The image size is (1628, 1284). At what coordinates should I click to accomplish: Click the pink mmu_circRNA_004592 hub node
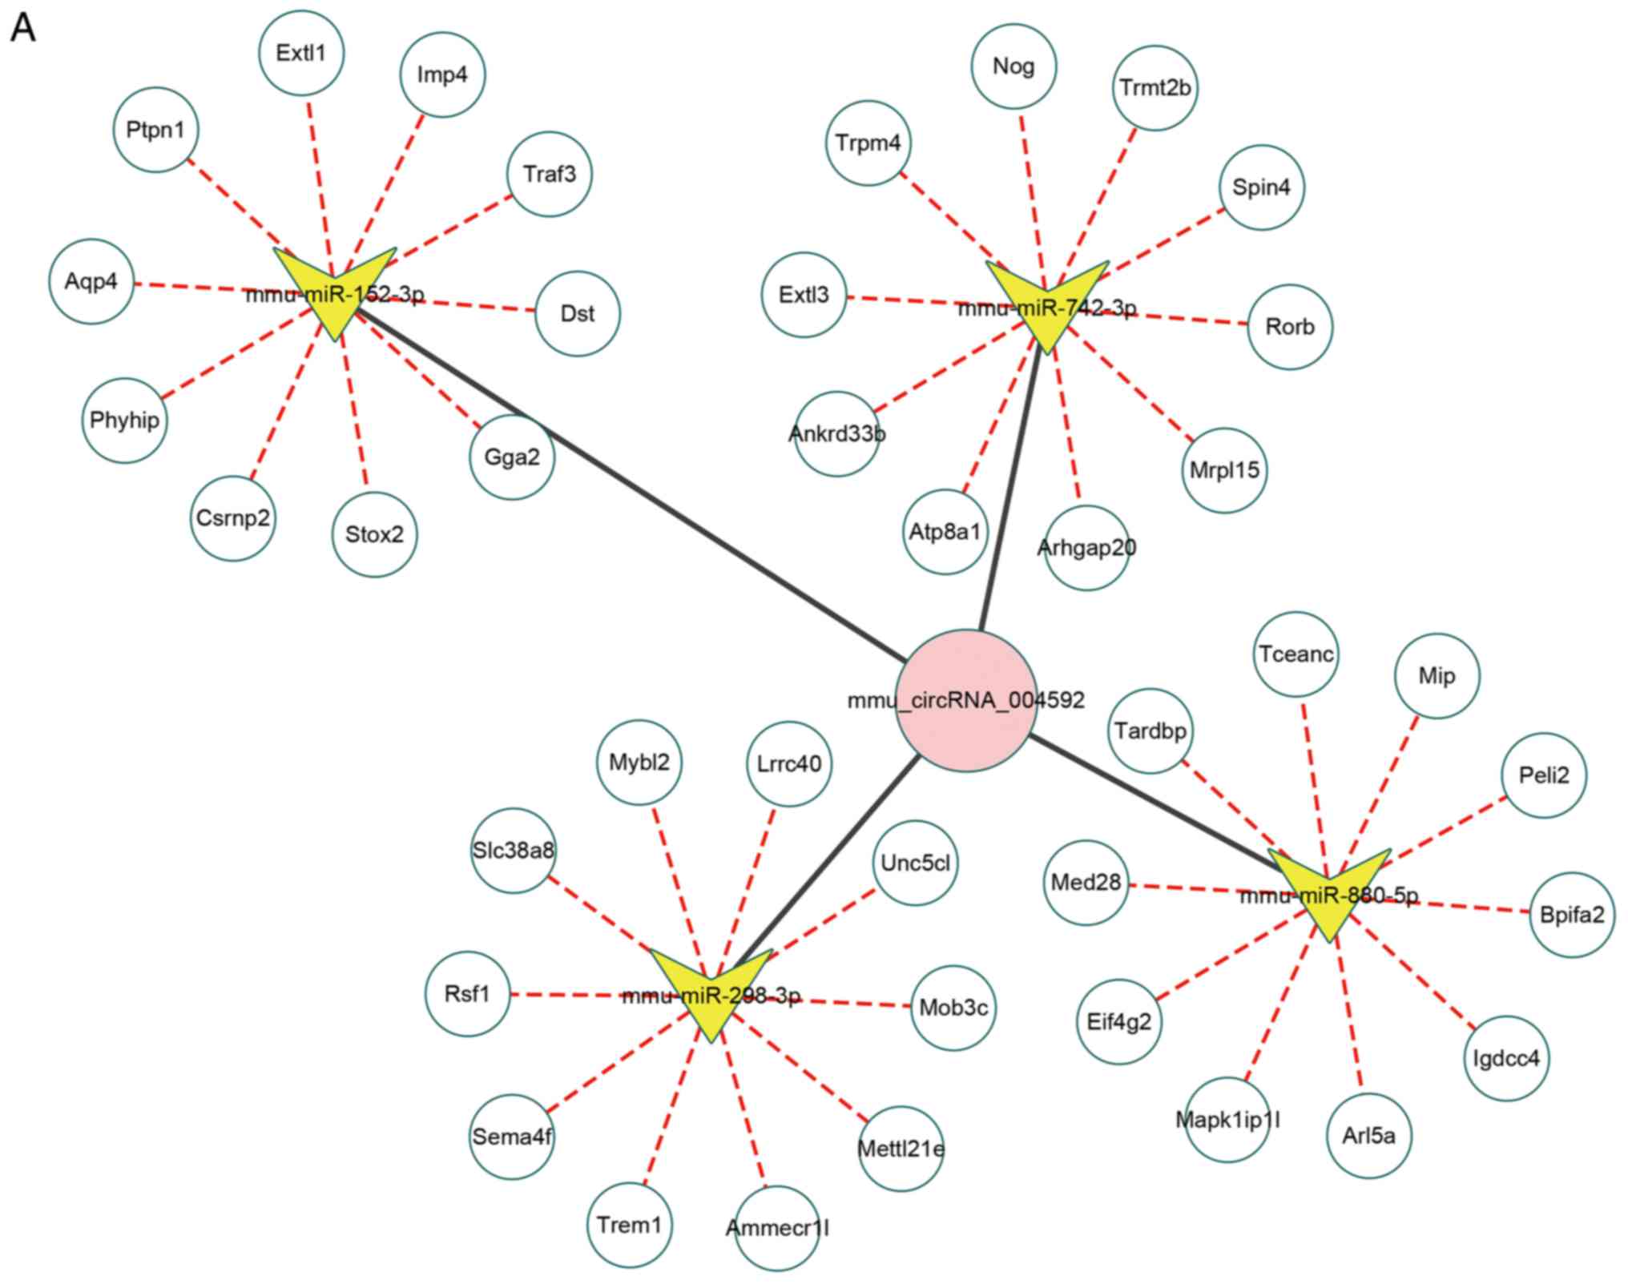(x=965, y=700)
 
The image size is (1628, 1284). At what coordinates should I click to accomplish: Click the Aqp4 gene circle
(x=91, y=281)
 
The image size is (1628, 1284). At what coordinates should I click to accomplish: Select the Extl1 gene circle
(x=301, y=53)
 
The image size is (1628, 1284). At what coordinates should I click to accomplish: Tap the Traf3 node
(x=550, y=174)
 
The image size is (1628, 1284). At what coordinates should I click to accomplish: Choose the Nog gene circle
(x=1013, y=66)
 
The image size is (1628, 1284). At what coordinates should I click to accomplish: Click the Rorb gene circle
(x=1290, y=327)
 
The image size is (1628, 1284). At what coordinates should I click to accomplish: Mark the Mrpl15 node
(x=1224, y=470)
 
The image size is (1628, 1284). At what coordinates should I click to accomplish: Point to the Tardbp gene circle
(x=1150, y=731)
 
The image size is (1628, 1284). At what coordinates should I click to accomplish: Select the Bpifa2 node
(x=1572, y=915)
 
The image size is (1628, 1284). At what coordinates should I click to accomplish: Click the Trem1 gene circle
(x=630, y=1225)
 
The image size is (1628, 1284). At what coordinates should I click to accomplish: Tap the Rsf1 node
(x=467, y=994)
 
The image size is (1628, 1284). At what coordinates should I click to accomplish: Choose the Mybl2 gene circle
(x=639, y=762)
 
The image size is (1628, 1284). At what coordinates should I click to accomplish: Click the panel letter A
(x=23, y=29)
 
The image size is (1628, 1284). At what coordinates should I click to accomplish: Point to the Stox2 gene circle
(x=374, y=534)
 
